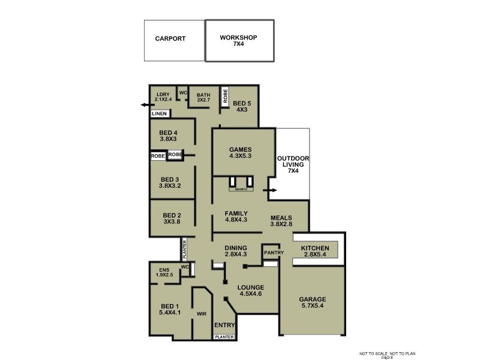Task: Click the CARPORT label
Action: pyautogui.click(x=170, y=38)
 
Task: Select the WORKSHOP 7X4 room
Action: pyautogui.click(x=239, y=40)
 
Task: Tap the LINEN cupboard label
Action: pyautogui.click(x=159, y=113)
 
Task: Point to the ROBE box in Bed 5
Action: pyautogui.click(x=226, y=97)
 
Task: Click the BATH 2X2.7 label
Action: pyautogui.click(x=204, y=97)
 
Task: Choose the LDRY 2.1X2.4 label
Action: pyautogui.click(x=163, y=97)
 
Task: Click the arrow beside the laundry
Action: pyautogui.click(x=145, y=104)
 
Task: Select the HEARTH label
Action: pyautogui.click(x=241, y=189)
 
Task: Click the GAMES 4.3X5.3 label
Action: pyautogui.click(x=240, y=152)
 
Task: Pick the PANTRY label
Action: pyautogui.click(x=274, y=253)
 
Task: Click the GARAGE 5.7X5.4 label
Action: pyautogui.click(x=313, y=302)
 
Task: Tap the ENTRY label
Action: pyautogui.click(x=224, y=325)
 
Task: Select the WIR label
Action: pyautogui.click(x=202, y=314)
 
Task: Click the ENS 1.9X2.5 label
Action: pyautogui.click(x=164, y=272)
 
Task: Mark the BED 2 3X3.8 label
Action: pyautogui.click(x=172, y=218)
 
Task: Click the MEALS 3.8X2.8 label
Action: pyautogui.click(x=281, y=221)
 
